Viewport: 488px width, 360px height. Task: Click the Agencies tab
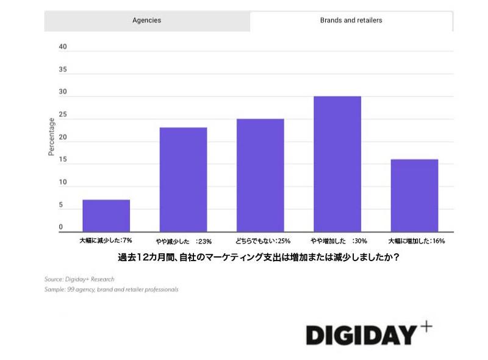pyautogui.click(x=146, y=20)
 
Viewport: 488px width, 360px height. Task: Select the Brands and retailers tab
pyautogui.click(x=351, y=20)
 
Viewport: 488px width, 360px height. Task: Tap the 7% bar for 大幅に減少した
pyautogui.click(x=106, y=215)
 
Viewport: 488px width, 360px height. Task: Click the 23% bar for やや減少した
pyautogui.click(x=183, y=179)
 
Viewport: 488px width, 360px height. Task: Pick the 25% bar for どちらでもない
pyautogui.click(x=260, y=175)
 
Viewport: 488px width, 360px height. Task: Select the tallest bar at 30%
pyautogui.click(x=337, y=164)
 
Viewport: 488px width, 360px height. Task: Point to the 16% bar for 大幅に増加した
pyautogui.click(x=414, y=195)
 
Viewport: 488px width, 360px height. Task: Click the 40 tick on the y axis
pyautogui.click(x=62, y=47)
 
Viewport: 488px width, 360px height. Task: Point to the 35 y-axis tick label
pyautogui.click(x=62, y=70)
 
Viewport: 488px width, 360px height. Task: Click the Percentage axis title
pyautogui.click(x=51, y=137)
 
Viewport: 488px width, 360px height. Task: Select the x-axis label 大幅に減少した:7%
pyautogui.click(x=106, y=241)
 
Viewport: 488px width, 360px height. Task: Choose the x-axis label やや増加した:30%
pyautogui.click(x=338, y=241)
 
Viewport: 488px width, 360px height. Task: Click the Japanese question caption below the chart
pyautogui.click(x=259, y=257)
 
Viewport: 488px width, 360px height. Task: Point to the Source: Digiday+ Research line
pyautogui.click(x=79, y=279)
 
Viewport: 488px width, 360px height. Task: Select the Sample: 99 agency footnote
pyautogui.click(x=111, y=289)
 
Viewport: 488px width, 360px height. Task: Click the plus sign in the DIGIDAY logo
pyautogui.click(x=426, y=326)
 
